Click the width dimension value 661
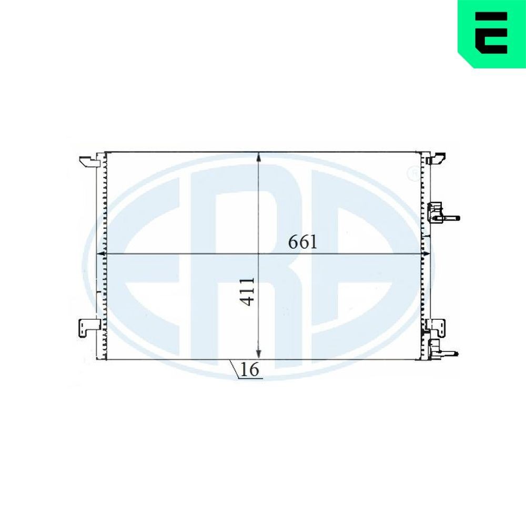(302, 242)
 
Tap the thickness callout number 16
(251, 370)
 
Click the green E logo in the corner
(492, 33)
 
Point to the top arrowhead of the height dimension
(258, 157)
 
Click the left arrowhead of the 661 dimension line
(100, 254)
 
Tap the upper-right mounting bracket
(437, 158)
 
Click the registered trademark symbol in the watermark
(413, 173)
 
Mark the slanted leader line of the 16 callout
(235, 368)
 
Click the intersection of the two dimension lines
(258, 254)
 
